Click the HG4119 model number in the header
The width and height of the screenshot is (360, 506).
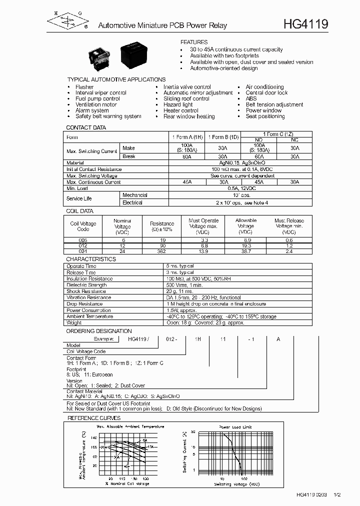click(305, 24)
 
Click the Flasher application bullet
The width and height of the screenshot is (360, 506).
click(84, 87)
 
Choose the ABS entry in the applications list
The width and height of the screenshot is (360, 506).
click(251, 99)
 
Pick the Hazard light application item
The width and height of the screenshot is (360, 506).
click(178, 104)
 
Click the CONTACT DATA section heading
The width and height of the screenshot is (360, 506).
click(86, 127)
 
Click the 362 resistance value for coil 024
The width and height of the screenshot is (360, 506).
click(162, 251)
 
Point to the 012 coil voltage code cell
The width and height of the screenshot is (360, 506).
click(83, 245)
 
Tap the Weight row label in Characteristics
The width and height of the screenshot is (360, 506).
click(74, 323)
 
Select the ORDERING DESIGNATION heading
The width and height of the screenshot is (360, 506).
click(99, 331)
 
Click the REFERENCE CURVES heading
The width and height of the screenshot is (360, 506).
click(94, 418)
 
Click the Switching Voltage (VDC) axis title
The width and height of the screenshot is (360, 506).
click(237, 484)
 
